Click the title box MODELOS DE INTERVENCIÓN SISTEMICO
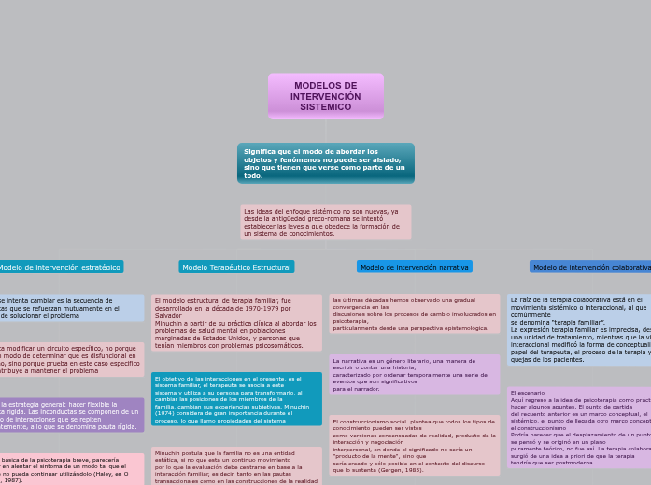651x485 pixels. coord(325,96)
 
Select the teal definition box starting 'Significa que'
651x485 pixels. coord(325,163)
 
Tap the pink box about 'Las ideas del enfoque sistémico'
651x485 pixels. coord(325,223)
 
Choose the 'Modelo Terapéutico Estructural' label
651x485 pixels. coord(236,267)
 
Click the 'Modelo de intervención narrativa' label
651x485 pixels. coord(415,267)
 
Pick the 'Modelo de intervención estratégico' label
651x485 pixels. coord(60,267)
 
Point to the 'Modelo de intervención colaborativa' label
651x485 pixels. coord(590,267)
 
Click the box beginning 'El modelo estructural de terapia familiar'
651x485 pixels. coord(236,323)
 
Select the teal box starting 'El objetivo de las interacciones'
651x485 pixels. coord(236,398)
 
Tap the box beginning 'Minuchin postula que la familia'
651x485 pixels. coord(236,465)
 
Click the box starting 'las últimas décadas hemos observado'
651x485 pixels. coord(415,314)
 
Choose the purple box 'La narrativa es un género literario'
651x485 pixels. coord(415,374)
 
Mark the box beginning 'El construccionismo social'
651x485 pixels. coord(415,446)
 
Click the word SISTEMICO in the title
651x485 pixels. coord(325,107)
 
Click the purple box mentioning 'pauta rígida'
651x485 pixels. coord(71,416)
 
